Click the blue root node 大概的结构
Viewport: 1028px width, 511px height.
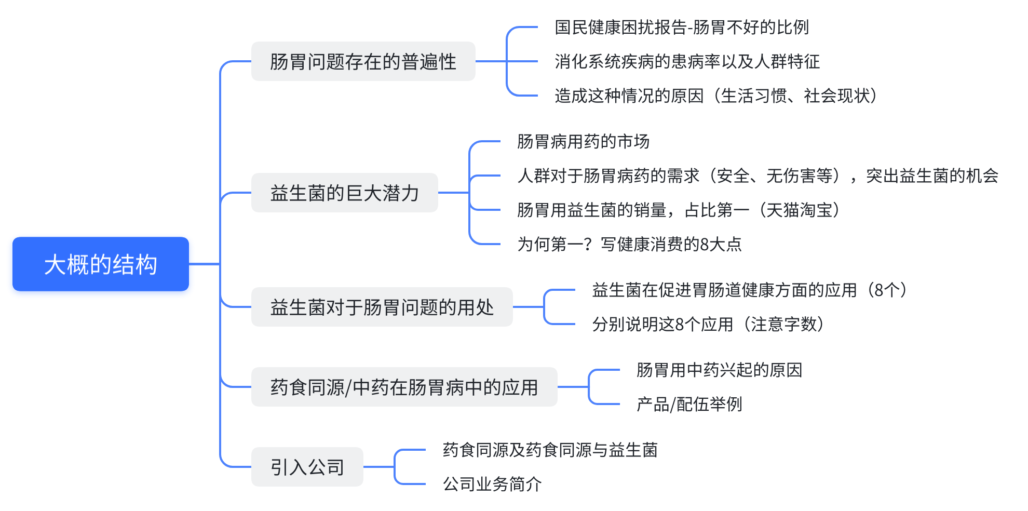(101, 264)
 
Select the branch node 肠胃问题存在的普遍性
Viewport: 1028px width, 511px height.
(363, 61)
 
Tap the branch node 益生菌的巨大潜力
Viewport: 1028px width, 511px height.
(344, 193)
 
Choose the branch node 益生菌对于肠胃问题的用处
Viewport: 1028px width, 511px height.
(382, 307)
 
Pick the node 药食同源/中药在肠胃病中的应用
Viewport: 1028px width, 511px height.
(404, 387)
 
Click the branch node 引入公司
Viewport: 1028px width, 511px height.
(307, 467)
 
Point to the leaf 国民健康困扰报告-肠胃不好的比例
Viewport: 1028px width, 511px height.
(682, 27)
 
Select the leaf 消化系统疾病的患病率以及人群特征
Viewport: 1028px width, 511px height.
(687, 61)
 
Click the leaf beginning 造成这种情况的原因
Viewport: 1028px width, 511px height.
(716, 96)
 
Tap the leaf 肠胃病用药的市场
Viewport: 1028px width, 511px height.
(583, 141)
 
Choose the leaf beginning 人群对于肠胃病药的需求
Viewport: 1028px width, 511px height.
(758, 176)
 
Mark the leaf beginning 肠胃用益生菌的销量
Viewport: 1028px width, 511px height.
(679, 210)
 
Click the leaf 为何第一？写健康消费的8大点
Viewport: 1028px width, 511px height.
(629, 244)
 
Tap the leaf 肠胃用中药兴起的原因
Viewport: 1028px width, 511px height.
(719, 370)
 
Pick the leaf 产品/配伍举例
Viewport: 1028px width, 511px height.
(689, 404)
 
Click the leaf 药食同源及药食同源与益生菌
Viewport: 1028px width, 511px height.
(550, 450)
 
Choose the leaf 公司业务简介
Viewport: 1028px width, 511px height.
(492, 484)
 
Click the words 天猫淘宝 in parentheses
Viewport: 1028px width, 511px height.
(799, 210)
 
